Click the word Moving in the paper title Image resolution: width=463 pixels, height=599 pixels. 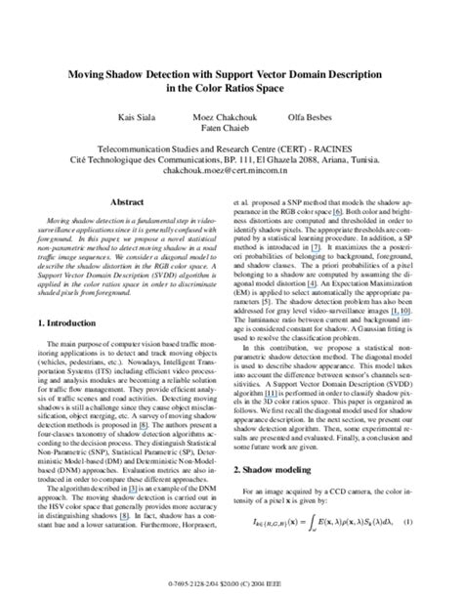pos(85,72)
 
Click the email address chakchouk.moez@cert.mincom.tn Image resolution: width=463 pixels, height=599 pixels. pos(231,167)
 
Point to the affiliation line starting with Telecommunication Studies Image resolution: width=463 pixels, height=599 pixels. pos(231,143)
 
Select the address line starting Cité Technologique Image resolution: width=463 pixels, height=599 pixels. pos(231,154)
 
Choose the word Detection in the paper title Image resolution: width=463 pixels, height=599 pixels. pos(172,72)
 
